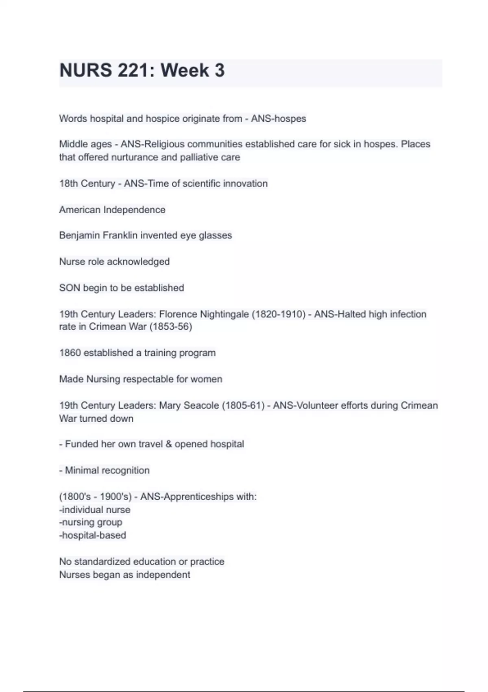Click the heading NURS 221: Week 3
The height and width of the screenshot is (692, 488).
(142, 70)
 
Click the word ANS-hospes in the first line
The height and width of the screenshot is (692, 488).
(279, 119)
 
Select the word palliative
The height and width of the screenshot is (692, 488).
(198, 158)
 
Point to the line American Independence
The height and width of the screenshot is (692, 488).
(112, 210)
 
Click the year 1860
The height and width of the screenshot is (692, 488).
(70, 353)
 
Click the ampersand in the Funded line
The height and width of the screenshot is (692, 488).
(169, 444)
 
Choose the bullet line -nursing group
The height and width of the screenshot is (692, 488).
(91, 522)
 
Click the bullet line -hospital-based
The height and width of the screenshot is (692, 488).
(93, 535)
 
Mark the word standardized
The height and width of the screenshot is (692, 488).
(102, 562)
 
